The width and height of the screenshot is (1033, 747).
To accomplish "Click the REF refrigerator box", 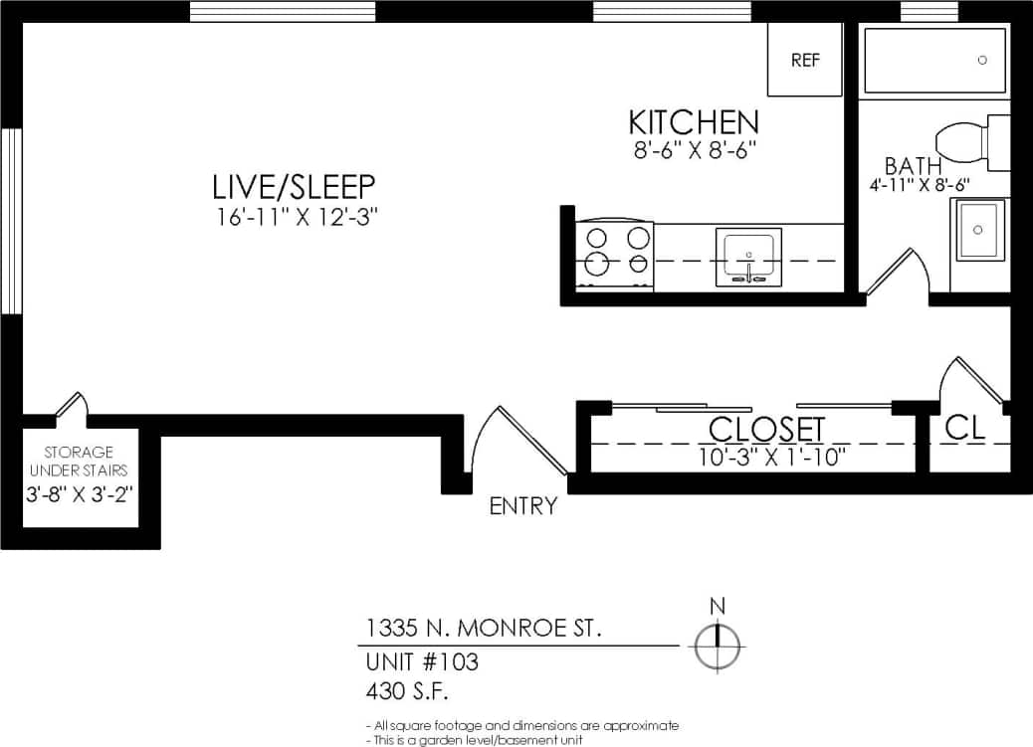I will tap(805, 60).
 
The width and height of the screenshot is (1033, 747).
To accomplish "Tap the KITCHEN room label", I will tap(694, 122).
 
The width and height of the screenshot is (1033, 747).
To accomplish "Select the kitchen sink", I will tap(748, 257).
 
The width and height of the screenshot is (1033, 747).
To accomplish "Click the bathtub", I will tap(935, 61).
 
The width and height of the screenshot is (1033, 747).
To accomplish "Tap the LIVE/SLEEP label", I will tap(294, 186).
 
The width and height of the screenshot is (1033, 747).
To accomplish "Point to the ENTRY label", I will tap(523, 506).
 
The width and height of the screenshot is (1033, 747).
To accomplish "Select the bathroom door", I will tap(897, 274).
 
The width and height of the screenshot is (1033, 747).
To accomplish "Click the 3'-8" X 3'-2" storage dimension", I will tap(79, 492).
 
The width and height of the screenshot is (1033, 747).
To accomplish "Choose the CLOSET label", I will tap(766, 430).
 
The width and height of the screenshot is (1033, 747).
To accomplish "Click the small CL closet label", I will tap(964, 428).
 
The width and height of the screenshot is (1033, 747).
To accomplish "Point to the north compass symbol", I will tap(718, 647).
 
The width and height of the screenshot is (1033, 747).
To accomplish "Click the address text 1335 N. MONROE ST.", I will tap(484, 629).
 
